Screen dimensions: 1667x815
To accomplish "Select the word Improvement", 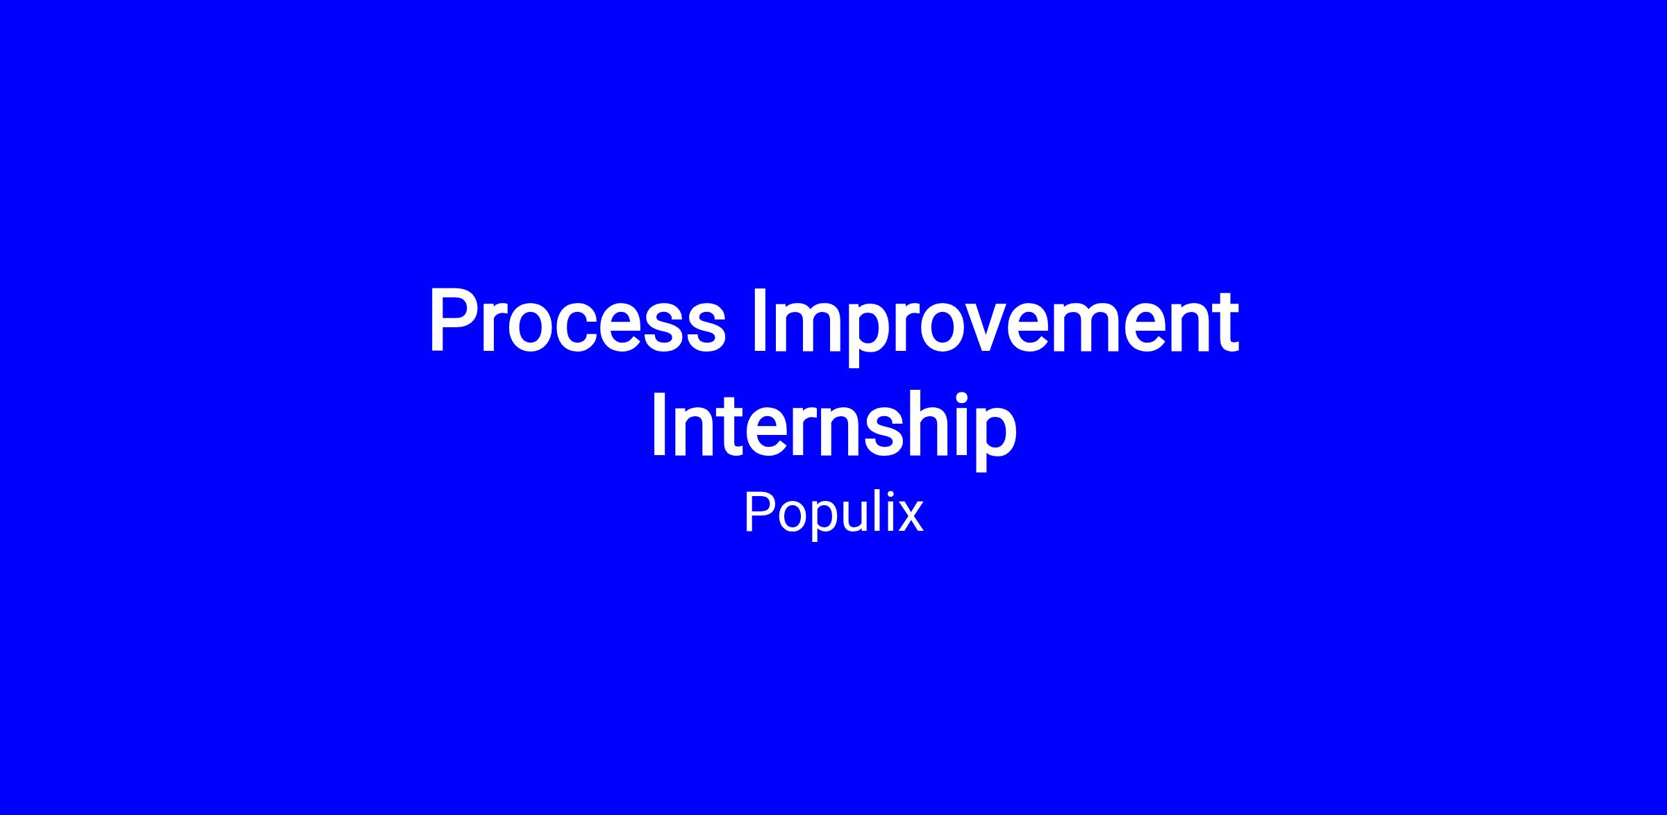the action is (x=995, y=327).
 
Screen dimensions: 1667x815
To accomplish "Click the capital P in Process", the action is (x=454, y=321).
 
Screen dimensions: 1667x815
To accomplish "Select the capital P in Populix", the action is (x=758, y=512).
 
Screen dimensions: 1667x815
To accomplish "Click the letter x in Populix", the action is (x=909, y=518).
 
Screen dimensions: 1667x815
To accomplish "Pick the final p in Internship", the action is (x=996, y=441).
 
